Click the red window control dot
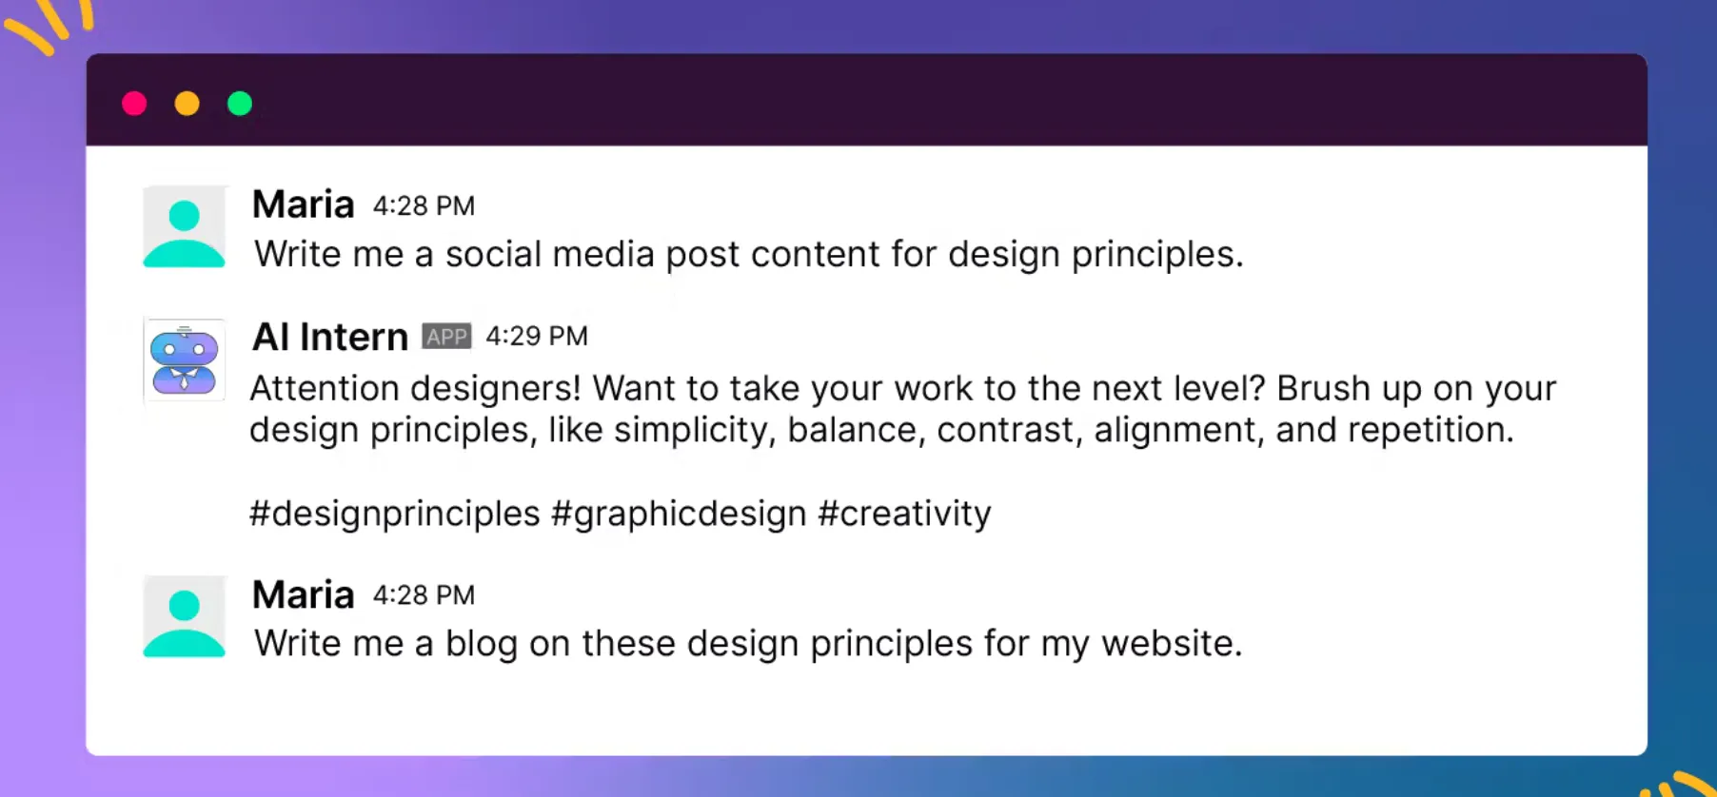[x=134, y=103]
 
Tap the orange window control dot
[x=187, y=103]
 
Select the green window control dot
[x=240, y=103]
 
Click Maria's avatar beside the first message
[x=185, y=226]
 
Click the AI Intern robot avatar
[x=185, y=360]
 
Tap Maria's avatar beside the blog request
[x=185, y=616]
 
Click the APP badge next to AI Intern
[x=446, y=337]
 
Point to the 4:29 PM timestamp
[x=537, y=336]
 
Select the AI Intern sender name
[x=330, y=337]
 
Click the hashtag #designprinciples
[x=395, y=514]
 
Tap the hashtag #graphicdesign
[x=679, y=514]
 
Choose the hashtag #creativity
[x=904, y=514]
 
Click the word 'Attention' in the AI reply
[x=325, y=388]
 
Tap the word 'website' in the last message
[x=1172, y=644]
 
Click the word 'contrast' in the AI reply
[x=1010, y=430]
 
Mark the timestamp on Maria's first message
[x=424, y=205]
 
